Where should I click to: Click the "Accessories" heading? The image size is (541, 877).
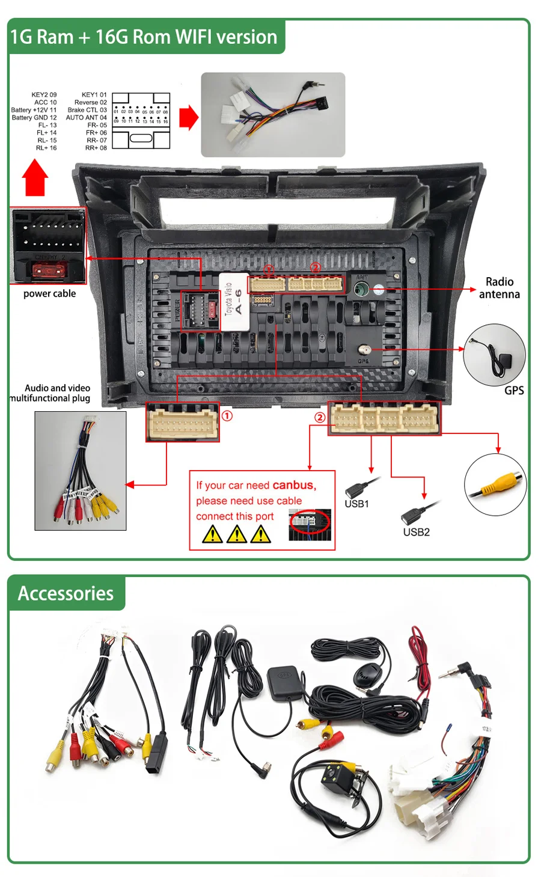coord(66,593)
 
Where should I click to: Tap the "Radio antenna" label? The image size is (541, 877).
coord(499,288)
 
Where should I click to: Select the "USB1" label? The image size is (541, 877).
coord(356,504)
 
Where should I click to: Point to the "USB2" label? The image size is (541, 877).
coord(416,532)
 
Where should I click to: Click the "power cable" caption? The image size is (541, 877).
coord(49,293)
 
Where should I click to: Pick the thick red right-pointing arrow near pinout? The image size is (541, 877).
coord(189,117)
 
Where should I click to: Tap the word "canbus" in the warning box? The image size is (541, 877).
coord(293,485)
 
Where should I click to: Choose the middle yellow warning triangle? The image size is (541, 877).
coord(236,534)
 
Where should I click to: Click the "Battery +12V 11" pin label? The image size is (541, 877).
coord(34,110)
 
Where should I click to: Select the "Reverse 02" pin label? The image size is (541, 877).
coord(90,102)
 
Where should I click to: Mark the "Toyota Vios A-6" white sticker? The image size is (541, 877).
coord(234,301)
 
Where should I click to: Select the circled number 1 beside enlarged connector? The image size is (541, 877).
coord(227,416)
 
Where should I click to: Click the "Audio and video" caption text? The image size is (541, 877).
coord(57,388)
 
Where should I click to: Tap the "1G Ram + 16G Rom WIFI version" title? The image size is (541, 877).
coord(144,37)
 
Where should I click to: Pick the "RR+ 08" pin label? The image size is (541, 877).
coord(96,148)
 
